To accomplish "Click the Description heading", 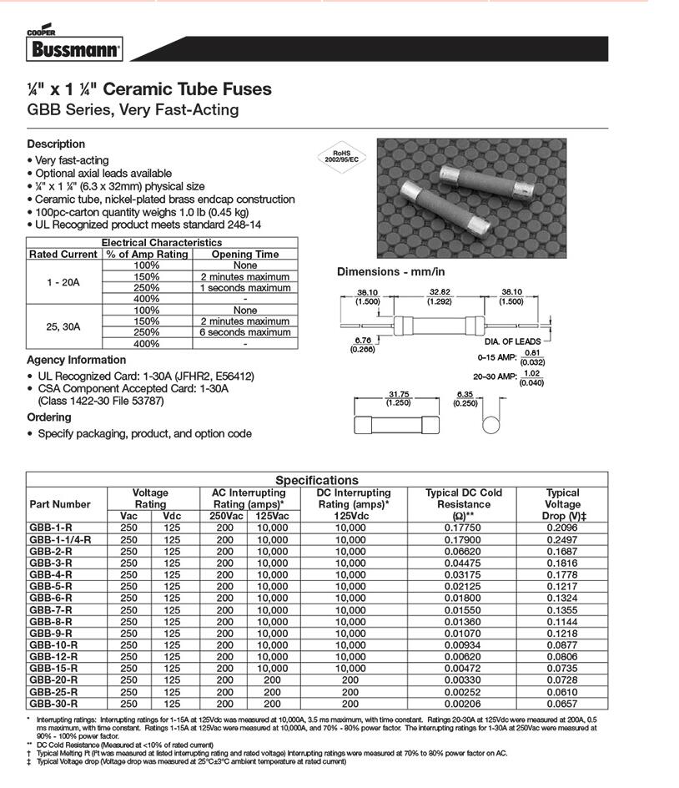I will click(x=56, y=144).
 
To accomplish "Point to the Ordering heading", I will click(x=49, y=417).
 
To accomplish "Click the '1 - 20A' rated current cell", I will click(x=64, y=282).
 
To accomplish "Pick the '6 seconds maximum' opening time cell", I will click(x=244, y=332).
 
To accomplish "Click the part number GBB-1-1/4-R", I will click(x=60, y=539).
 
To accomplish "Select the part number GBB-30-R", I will click(x=53, y=704).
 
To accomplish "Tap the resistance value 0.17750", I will click(x=463, y=528).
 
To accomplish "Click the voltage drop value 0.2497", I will click(x=562, y=539).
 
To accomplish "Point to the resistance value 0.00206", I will click(x=463, y=704).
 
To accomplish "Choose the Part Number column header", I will click(x=60, y=504).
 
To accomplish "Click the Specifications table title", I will click(x=317, y=480).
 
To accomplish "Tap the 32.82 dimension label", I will click(x=440, y=292).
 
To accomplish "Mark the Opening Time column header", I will click(x=244, y=254).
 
